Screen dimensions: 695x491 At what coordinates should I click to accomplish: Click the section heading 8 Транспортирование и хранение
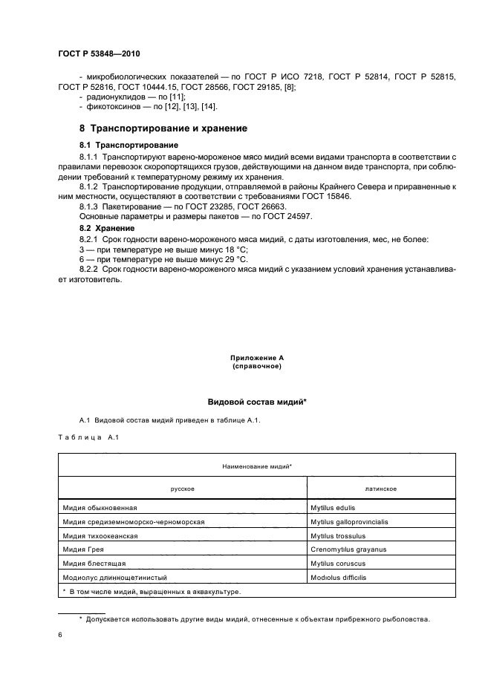click(x=163, y=128)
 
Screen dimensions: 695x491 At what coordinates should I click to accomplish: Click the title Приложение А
click(x=256, y=358)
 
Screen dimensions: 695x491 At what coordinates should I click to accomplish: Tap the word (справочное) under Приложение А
click(x=256, y=367)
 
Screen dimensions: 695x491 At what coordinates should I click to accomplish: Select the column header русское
click(x=182, y=489)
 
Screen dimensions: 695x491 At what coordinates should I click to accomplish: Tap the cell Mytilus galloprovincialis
click(x=349, y=522)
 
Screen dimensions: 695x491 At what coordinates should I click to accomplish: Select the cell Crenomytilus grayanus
click(x=348, y=549)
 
